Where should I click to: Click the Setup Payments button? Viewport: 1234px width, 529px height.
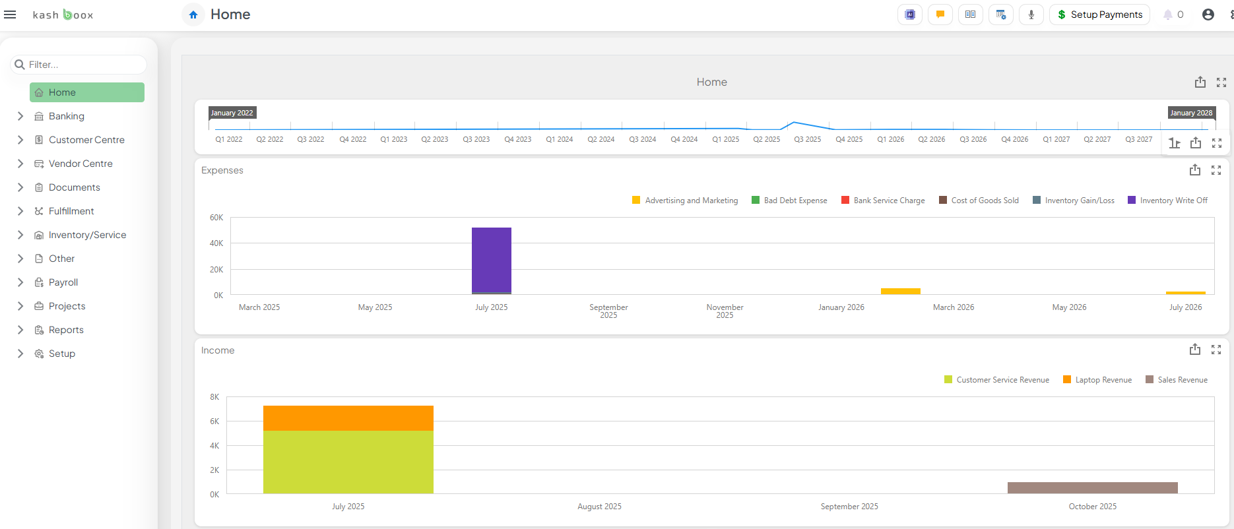pos(1099,15)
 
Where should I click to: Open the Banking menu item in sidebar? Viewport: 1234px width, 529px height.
pos(66,116)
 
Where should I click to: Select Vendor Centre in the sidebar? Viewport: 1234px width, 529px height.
pos(81,164)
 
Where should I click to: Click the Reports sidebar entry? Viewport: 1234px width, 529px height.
pos(66,330)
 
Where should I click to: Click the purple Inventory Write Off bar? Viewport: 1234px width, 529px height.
pos(491,260)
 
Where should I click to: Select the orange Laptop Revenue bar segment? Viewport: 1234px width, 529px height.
pos(348,418)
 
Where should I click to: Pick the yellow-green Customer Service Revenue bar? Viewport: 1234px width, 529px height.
pos(348,462)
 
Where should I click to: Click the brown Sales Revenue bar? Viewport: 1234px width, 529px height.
pos(1092,487)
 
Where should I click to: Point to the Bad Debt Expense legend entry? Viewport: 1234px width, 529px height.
pos(795,201)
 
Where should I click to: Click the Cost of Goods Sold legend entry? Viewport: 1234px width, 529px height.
pos(985,201)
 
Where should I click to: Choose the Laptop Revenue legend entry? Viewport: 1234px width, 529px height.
pos(1103,380)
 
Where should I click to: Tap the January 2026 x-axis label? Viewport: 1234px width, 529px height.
pos(841,307)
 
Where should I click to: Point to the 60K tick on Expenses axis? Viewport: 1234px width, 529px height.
pos(216,218)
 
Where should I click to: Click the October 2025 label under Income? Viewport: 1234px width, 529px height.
pos(1092,507)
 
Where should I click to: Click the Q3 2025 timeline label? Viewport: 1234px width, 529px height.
pos(807,139)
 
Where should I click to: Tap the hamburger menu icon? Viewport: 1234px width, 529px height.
pos(10,15)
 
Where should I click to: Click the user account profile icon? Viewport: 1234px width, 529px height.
pos(1208,15)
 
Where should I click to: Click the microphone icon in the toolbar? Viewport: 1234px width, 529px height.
pos(1031,15)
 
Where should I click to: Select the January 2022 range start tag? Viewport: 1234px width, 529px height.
pos(232,113)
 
